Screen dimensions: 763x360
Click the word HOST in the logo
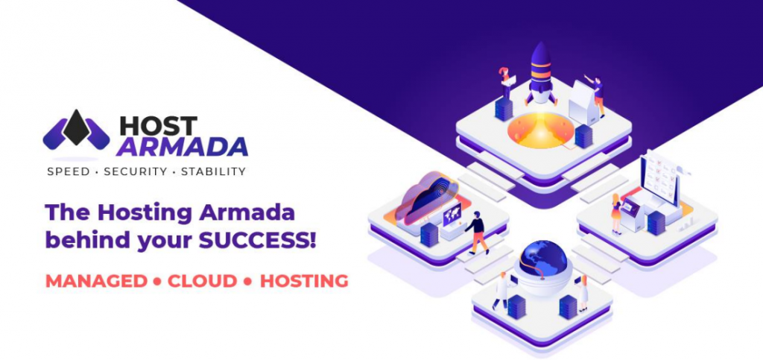pyautogui.click(x=158, y=126)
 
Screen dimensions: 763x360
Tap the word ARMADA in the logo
pyautogui.click(x=182, y=147)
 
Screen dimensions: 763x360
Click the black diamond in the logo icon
pyautogui.click(x=77, y=127)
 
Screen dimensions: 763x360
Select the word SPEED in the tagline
pyautogui.click(x=69, y=171)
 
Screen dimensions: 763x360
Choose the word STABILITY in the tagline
pyautogui.click(x=213, y=171)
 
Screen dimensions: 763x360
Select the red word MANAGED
pyautogui.click(x=96, y=281)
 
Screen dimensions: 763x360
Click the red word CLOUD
pyautogui.click(x=203, y=281)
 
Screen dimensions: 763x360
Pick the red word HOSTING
pyautogui.click(x=304, y=281)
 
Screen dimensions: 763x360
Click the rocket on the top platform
pyautogui.click(x=541, y=73)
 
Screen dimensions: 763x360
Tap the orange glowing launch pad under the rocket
pyautogui.click(x=541, y=130)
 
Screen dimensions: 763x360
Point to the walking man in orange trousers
pyautogui.click(x=476, y=233)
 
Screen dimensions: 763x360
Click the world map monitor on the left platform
pyautogui.click(x=452, y=215)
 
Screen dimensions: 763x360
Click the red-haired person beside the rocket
pyautogui.click(x=504, y=83)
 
